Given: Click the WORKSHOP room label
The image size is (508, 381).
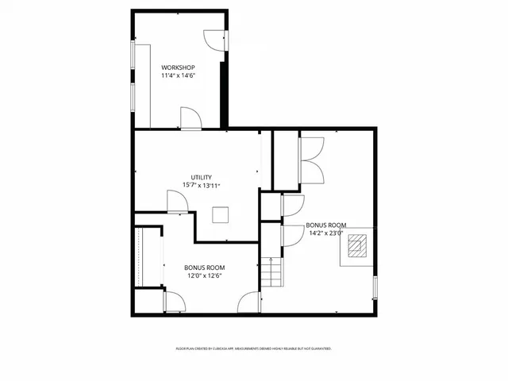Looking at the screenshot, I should pyautogui.click(x=179, y=67).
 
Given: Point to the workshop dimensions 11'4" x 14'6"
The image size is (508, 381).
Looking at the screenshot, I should pyautogui.click(x=179, y=75).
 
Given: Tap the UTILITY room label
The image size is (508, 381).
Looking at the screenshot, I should pyautogui.click(x=201, y=177).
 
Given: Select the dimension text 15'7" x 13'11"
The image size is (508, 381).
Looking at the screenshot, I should pyautogui.click(x=201, y=186).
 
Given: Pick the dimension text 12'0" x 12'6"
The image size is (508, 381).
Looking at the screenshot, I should pyautogui.click(x=204, y=276).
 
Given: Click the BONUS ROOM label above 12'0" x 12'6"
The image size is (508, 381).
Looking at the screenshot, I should pyautogui.click(x=204, y=267).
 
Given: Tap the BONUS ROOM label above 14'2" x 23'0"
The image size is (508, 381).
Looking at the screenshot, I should pyautogui.click(x=325, y=225).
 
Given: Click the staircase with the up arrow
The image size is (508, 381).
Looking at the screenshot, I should pyautogui.click(x=272, y=274).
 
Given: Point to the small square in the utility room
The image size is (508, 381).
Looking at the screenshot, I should pyautogui.click(x=220, y=214).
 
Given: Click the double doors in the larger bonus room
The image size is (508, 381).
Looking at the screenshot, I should pyautogui.click(x=311, y=160).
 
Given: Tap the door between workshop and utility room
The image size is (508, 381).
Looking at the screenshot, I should pyautogui.click(x=190, y=118).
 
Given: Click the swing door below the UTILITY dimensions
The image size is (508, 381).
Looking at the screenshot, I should pyautogui.click(x=178, y=202).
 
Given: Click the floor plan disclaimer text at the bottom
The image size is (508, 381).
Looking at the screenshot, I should pyautogui.click(x=253, y=348).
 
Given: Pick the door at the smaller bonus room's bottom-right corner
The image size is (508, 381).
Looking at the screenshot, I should pyautogui.click(x=251, y=302).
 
